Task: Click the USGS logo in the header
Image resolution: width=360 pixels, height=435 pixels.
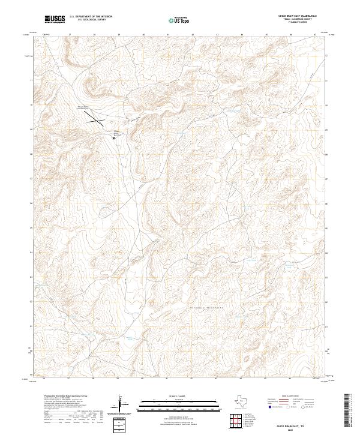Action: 55,19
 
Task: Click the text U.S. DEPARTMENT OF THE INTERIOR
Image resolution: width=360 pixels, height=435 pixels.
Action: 91,17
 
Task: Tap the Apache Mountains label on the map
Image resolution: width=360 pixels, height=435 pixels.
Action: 208,309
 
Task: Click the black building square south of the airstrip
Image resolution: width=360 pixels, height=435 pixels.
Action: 113,137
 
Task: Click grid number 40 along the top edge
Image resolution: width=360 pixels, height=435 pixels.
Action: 144,35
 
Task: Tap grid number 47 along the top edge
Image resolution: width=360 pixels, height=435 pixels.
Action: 316,35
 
